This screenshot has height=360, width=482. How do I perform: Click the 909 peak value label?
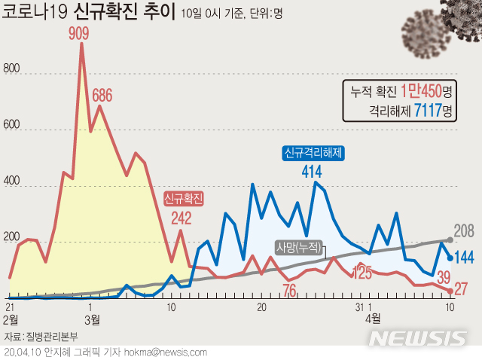[x=81, y=33]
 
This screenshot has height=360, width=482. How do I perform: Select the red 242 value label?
[x=181, y=218]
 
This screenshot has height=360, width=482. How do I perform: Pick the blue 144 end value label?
[x=465, y=258]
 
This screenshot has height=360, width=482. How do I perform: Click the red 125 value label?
[x=362, y=273]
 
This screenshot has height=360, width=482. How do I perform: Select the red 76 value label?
[x=288, y=290]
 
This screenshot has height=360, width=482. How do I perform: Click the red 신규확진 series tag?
[x=184, y=199]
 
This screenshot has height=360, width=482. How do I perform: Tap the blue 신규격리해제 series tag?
[x=313, y=153]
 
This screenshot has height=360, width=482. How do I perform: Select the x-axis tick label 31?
[x=359, y=307]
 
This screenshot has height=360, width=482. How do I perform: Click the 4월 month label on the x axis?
[x=373, y=318]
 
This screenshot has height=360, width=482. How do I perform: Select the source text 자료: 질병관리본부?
[x=35, y=336]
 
